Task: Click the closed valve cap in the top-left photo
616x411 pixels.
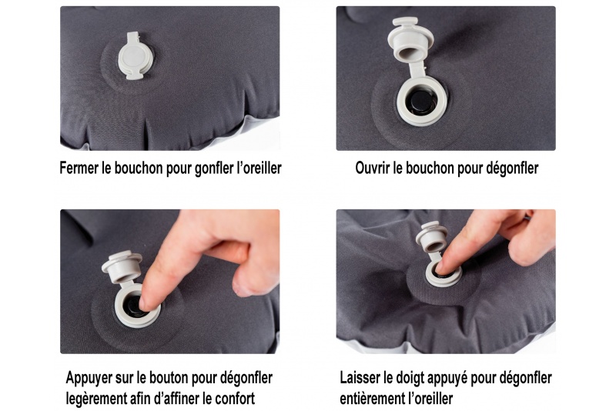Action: pyautogui.click(x=135, y=55)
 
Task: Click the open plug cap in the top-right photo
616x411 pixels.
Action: pyautogui.click(x=410, y=39)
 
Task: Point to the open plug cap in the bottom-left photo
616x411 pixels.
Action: pyautogui.click(x=122, y=266)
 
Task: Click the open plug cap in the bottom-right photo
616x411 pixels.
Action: pyautogui.click(x=431, y=238)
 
